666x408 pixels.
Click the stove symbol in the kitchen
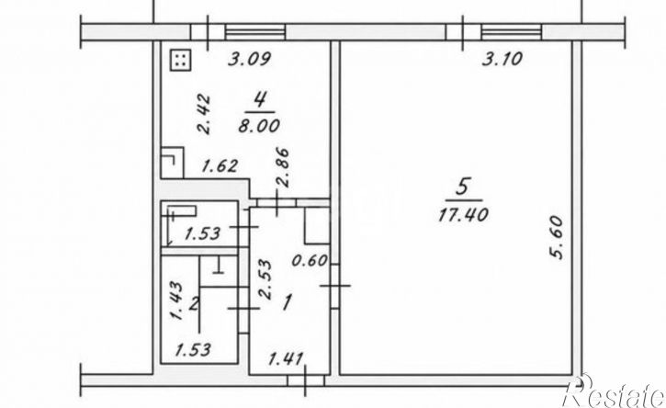[x=181, y=60]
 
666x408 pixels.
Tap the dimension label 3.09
[x=249, y=59]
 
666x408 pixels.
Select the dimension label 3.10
[x=502, y=59]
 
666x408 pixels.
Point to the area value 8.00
[x=259, y=125]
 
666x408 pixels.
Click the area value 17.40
[x=463, y=215]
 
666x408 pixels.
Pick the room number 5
[x=463, y=187]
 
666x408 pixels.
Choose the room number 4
[x=260, y=100]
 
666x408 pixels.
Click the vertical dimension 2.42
[x=204, y=114]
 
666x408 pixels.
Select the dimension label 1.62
[x=220, y=165]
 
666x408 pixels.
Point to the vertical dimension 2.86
[x=283, y=167]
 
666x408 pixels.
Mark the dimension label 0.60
[x=310, y=260]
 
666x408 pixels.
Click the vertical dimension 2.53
[x=265, y=280]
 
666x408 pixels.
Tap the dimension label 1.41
[x=287, y=359]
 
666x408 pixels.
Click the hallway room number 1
[x=288, y=303]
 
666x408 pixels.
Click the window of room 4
[x=254, y=32]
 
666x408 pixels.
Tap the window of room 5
[x=512, y=32]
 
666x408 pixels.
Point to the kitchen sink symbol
[x=172, y=163]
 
